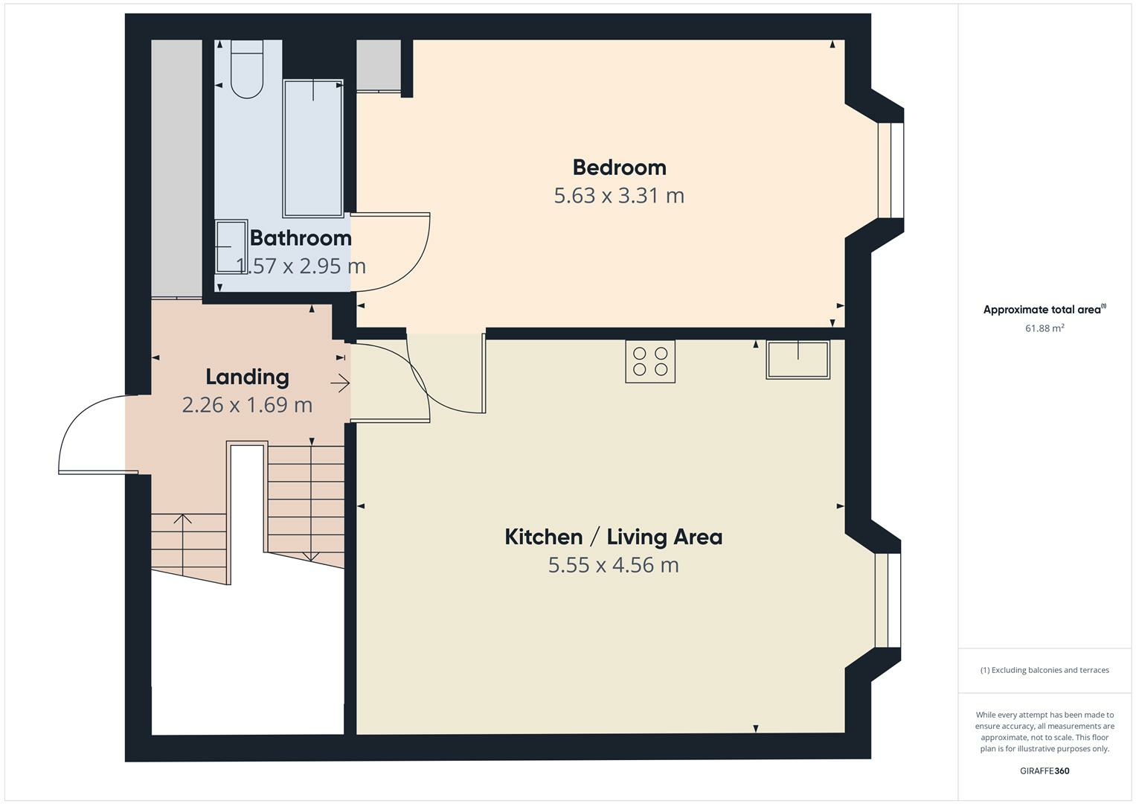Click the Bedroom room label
tap(619, 167)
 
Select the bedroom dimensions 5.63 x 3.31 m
tap(619, 196)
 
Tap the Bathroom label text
tap(301, 238)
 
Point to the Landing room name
tap(247, 377)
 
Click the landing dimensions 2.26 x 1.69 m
tap(247, 405)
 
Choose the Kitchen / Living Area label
tap(613, 537)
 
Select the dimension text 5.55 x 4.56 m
tap(613, 565)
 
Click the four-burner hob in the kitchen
tap(650, 362)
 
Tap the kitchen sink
tap(798, 360)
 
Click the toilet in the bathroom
tap(247, 70)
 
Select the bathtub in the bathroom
tap(313, 148)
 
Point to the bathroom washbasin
tap(231, 246)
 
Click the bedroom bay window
tap(890, 170)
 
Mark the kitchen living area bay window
tap(887, 601)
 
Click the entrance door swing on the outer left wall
tap(93, 435)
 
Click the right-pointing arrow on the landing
tap(340, 383)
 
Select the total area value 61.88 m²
tap(1044, 328)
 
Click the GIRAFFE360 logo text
tap(1044, 771)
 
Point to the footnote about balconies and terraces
tap(1044, 670)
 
